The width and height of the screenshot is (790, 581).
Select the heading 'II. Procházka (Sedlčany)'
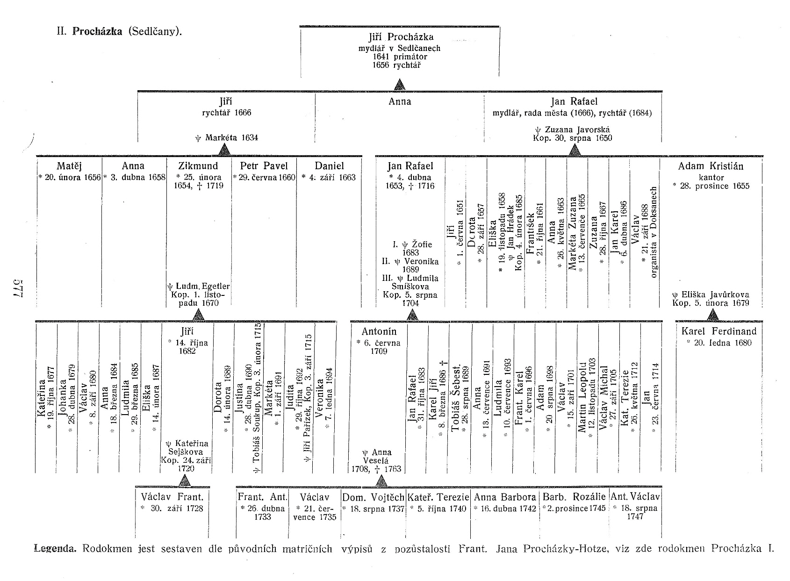[119, 32]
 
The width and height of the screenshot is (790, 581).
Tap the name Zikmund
[198, 166]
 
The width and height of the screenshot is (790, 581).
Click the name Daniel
[329, 166]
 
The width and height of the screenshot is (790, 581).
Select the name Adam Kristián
[711, 166]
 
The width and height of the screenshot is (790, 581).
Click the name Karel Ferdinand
[718, 331]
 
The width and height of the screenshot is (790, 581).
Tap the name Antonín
[379, 331]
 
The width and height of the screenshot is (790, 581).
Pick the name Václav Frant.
[172, 497]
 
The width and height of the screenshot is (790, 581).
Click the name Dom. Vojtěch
[373, 497]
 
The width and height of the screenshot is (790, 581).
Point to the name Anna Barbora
[505, 497]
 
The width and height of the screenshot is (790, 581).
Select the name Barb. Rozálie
[574, 497]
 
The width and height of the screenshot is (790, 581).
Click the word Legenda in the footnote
[55, 549]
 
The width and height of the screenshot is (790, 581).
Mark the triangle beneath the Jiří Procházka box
[399, 85]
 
